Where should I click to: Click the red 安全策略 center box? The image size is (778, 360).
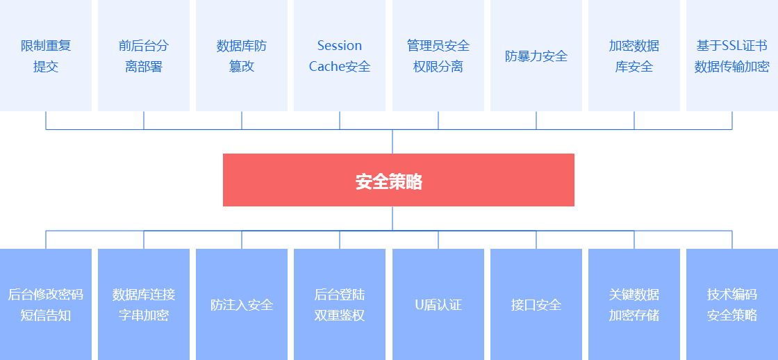[x=398, y=180]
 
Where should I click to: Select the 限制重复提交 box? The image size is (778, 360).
[x=46, y=56]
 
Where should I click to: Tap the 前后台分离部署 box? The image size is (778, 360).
[x=144, y=56]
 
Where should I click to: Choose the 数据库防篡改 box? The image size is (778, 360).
[x=242, y=56]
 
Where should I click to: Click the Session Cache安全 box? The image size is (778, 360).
[x=340, y=56]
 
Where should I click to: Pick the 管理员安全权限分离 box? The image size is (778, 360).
[x=438, y=56]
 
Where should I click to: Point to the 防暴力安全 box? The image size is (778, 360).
[x=536, y=56]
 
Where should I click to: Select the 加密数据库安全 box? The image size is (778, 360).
[x=634, y=56]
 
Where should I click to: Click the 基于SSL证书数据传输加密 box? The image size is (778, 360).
[x=732, y=56]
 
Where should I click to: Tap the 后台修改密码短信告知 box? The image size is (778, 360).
[x=46, y=304]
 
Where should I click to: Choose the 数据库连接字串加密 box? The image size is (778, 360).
[x=144, y=304]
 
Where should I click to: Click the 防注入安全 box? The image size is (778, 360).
[x=242, y=304]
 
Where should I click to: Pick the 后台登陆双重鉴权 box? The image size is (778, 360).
[x=340, y=304]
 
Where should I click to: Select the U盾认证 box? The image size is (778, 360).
[x=438, y=304]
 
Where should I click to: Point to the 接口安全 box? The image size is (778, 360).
[x=536, y=304]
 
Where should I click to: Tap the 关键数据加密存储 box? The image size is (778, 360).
[x=634, y=304]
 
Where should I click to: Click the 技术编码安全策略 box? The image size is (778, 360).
[x=732, y=304]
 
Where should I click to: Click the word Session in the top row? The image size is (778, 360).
[x=340, y=46]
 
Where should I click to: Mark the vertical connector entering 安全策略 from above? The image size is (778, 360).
[x=392, y=142]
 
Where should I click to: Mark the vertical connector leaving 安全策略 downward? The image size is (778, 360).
[x=392, y=218]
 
